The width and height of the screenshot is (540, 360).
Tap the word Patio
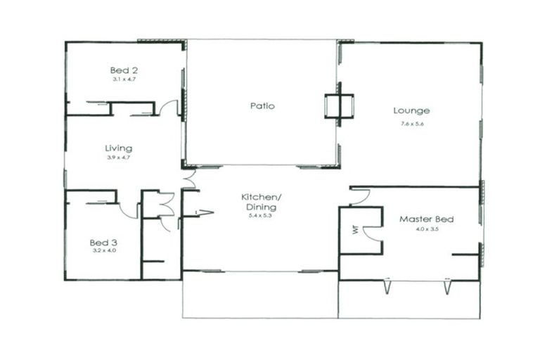coord(262,106)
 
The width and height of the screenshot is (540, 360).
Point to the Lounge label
coord(411,110)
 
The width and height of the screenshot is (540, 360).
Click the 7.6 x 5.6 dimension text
coord(411,124)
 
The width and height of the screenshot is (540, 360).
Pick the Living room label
coord(118,148)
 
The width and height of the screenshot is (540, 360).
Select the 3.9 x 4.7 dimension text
coord(118,157)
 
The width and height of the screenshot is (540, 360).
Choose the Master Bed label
coord(426,219)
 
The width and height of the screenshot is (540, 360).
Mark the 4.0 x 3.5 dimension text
coord(426,229)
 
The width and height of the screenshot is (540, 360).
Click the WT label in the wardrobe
coord(356,230)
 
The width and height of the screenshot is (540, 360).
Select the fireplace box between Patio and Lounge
coord(337,107)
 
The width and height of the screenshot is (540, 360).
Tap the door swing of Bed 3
coord(129,210)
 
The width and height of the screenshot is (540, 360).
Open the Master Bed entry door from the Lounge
coord(360,197)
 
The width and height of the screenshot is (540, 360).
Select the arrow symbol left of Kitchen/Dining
coord(205,212)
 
